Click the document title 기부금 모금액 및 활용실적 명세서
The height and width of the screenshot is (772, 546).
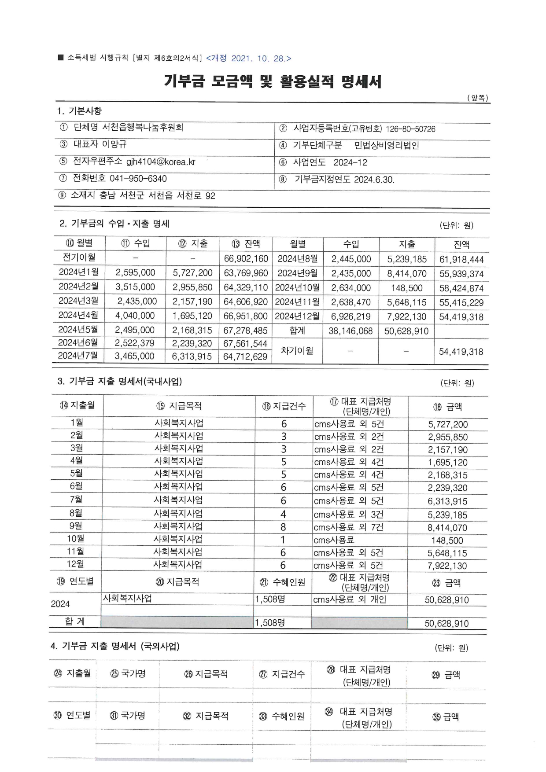coord(273,81)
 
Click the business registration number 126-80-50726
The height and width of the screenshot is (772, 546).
coord(410,129)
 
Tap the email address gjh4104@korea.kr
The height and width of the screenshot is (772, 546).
coord(161,162)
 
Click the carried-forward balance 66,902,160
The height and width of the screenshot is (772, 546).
coord(246,259)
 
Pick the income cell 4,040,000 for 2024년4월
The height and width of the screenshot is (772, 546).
coord(135,316)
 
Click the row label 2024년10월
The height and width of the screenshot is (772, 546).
coord(298,288)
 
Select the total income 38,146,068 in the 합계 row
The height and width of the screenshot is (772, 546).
coord(350,331)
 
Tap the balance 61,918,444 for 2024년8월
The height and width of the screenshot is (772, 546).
coord(461,260)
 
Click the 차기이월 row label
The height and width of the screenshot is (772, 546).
coord(297,351)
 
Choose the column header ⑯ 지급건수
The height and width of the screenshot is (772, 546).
coord(284,406)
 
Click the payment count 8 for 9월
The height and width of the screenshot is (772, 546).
coord(283,527)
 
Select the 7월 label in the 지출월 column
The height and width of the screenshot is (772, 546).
coord(76,500)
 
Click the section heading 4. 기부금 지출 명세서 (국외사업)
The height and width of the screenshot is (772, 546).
coord(115,646)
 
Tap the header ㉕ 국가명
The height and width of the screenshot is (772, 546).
coord(128,673)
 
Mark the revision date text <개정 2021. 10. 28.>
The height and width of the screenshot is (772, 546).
coord(248,59)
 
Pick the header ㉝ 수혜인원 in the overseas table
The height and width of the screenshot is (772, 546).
coord(282,716)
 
